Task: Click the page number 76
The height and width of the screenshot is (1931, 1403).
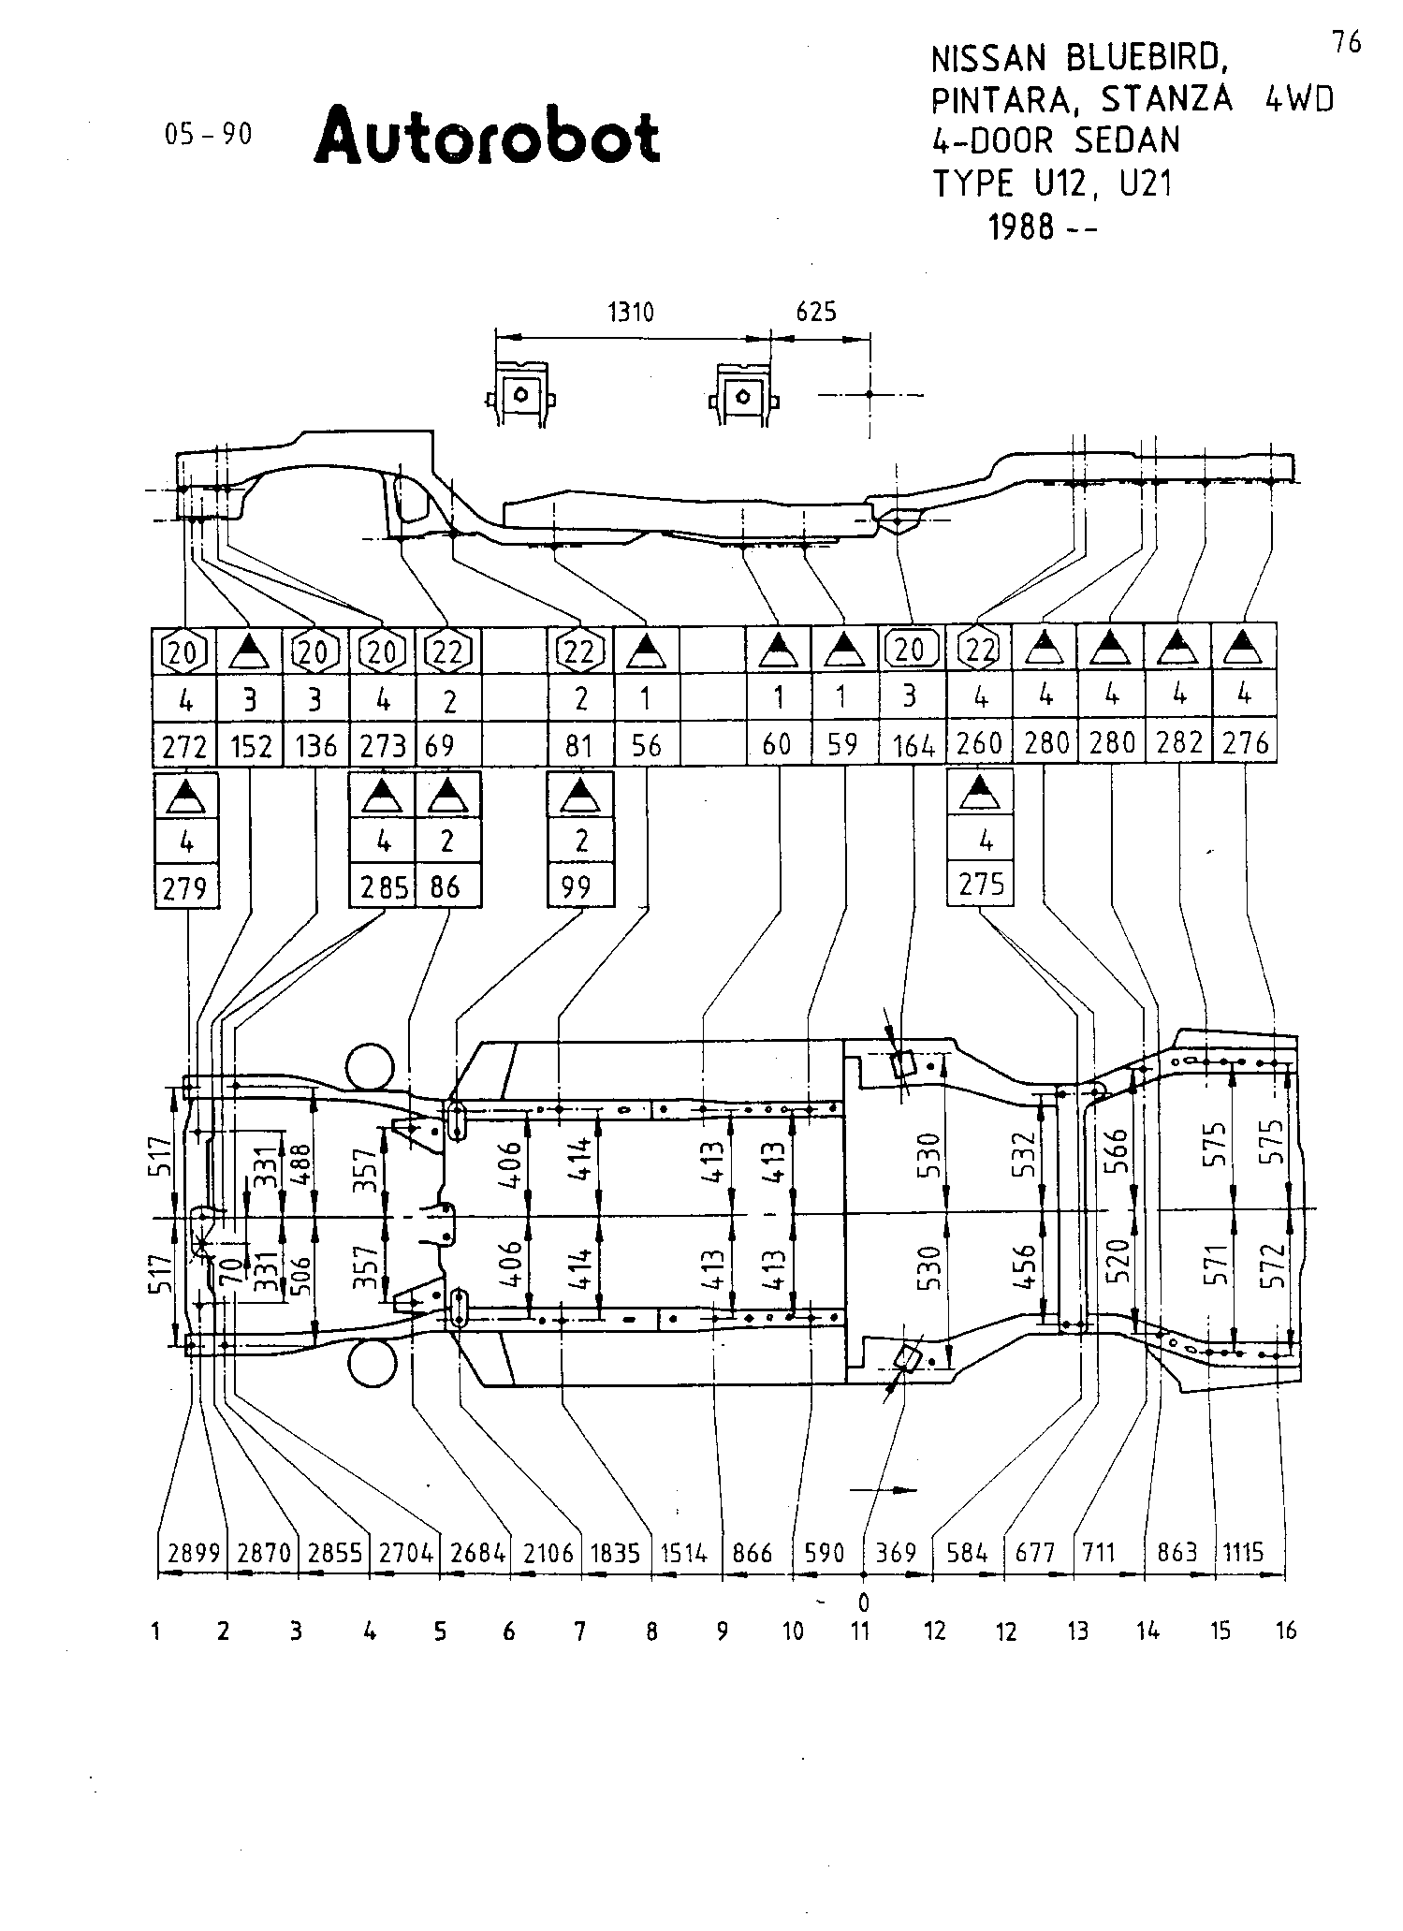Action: [x=1347, y=42]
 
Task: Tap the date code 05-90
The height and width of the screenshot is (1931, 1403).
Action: [x=209, y=135]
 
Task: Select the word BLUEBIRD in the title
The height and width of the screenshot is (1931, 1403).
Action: [x=1147, y=60]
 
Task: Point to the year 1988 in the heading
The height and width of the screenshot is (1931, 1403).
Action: [x=1021, y=226]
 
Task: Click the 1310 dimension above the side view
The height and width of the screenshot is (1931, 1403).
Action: [x=631, y=312]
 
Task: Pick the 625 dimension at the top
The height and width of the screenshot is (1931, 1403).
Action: [x=816, y=312]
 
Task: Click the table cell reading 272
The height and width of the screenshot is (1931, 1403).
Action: [x=183, y=746]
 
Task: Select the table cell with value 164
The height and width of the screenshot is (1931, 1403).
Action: [x=913, y=746]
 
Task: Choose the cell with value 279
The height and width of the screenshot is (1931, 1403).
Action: [x=185, y=885]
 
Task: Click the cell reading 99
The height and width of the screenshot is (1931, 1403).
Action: [x=579, y=885]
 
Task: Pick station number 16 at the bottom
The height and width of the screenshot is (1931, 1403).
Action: [x=1286, y=1631]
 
